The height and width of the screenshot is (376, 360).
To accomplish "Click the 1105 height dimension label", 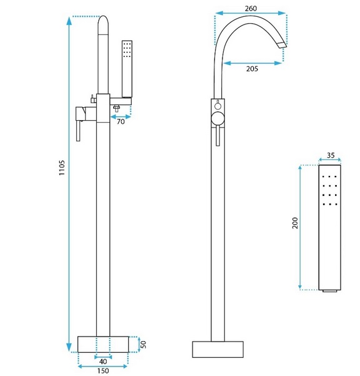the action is [62, 168].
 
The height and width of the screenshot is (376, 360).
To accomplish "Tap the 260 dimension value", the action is [251, 8].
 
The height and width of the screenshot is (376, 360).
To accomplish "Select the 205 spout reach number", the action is [252, 69].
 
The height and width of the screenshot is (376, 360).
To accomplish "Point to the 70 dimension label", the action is [121, 121].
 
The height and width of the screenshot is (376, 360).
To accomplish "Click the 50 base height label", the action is [143, 345].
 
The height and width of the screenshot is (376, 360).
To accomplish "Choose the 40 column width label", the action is [103, 362].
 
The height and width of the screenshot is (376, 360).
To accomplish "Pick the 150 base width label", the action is [103, 371].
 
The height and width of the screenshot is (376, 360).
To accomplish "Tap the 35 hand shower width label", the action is [331, 155].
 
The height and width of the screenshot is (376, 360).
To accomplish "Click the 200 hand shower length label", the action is [295, 223].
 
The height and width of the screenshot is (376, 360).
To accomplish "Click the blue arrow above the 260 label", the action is [251, 13].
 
